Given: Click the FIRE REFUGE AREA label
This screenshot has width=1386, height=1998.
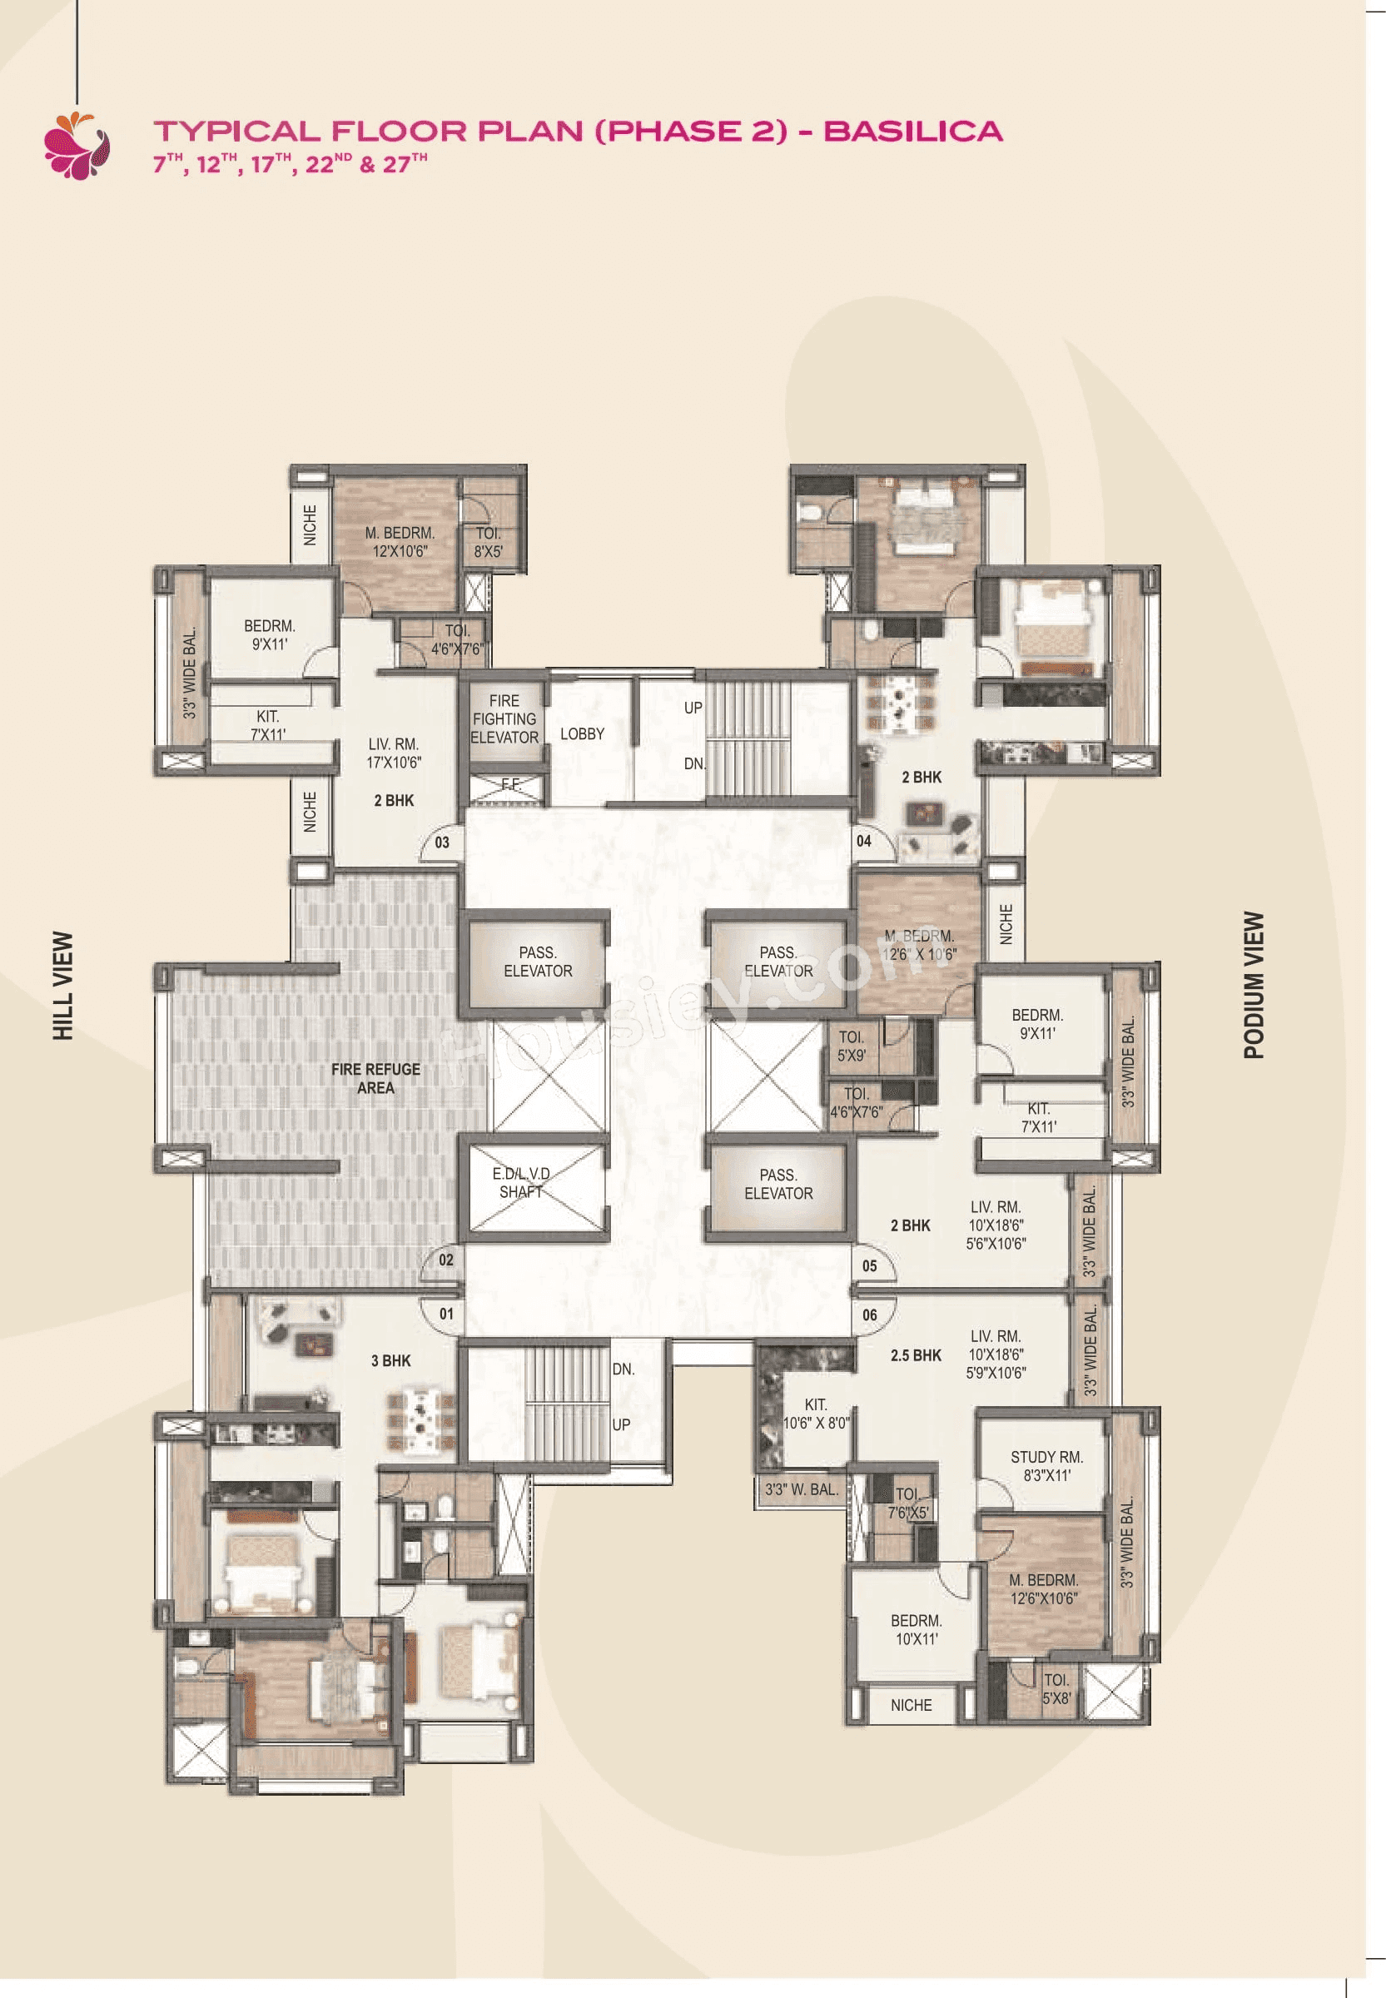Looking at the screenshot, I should (375, 1078).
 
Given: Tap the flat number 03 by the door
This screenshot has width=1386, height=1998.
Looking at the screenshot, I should (442, 842).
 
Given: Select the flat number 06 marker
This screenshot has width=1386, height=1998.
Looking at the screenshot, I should (869, 1315).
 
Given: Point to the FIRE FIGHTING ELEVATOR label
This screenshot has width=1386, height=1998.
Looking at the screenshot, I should (504, 719).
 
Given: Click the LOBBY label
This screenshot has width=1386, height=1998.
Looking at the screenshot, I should (582, 733).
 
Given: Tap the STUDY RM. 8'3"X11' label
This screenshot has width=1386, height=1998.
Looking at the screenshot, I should (1046, 1466).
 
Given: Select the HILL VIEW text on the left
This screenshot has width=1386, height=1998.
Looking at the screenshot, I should (62, 986).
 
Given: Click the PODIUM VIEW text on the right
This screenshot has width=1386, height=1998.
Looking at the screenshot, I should (1253, 985).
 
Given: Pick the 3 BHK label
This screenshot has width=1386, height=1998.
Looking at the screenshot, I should (390, 1360).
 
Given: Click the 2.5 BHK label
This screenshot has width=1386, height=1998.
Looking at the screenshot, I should (916, 1354).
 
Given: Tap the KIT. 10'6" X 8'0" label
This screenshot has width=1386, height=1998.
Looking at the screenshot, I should (817, 1414).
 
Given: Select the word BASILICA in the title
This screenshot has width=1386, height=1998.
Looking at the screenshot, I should (912, 131).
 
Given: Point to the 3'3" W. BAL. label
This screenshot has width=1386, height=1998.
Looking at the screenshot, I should (801, 1489).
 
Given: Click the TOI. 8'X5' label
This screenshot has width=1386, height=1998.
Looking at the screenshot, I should (488, 542).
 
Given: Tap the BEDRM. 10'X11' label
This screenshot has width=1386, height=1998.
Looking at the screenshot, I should (916, 1630).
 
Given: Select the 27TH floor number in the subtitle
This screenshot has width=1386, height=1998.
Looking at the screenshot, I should (405, 163).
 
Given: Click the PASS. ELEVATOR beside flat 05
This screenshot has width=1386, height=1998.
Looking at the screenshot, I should (778, 1184).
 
